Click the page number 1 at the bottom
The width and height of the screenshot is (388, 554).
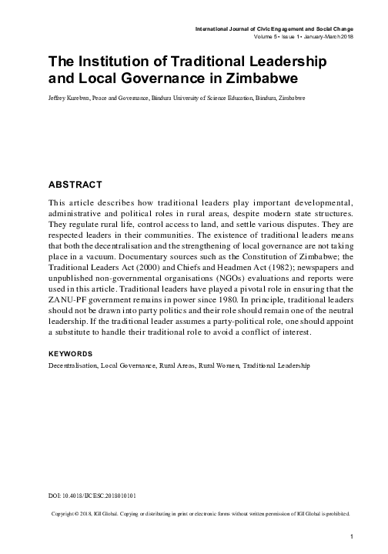[351, 536]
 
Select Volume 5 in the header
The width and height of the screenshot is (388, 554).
[267, 36]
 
